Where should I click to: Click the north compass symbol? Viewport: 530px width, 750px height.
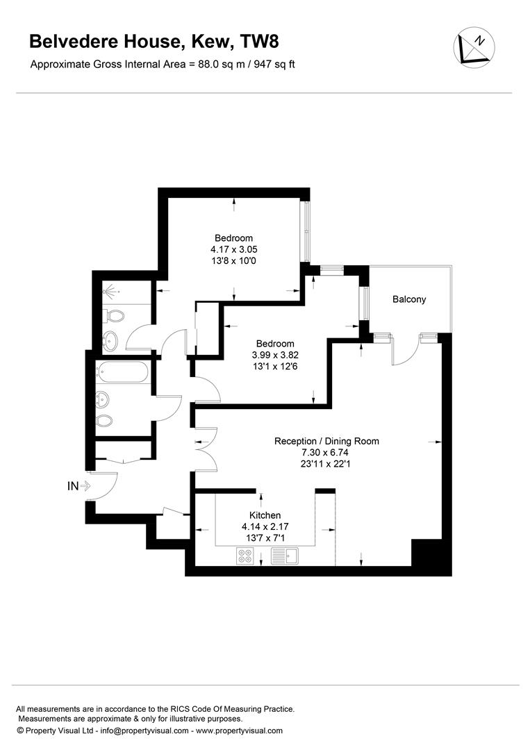(x=474, y=47)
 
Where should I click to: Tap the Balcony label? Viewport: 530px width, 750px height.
(x=409, y=299)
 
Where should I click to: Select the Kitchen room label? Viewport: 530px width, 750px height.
(x=265, y=515)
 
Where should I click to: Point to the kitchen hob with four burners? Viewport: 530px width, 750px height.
(x=245, y=556)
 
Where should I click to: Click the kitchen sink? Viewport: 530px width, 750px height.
(x=285, y=556)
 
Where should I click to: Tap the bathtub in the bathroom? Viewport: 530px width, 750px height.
(x=124, y=372)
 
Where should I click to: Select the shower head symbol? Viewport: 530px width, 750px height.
(x=110, y=290)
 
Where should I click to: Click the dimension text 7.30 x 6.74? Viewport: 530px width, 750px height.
(x=326, y=453)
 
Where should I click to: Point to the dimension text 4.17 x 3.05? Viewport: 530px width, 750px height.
(x=234, y=249)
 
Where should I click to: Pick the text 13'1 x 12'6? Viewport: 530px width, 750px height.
(x=275, y=367)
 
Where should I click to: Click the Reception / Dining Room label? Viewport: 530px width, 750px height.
(x=326, y=441)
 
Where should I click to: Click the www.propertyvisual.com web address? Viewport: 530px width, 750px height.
(x=239, y=731)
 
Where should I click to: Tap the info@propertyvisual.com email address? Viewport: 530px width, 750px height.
(x=144, y=731)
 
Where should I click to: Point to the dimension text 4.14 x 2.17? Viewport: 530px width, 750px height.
(x=265, y=526)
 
